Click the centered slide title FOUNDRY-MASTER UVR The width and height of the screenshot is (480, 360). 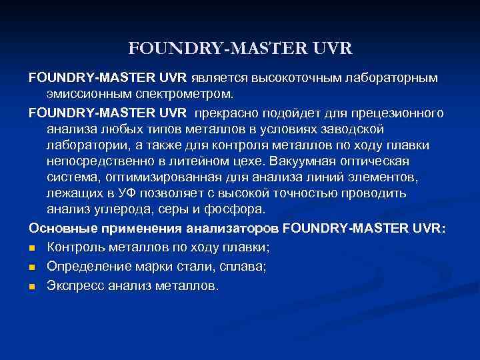tap(240, 49)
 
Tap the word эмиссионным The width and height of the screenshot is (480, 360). tap(87, 94)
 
